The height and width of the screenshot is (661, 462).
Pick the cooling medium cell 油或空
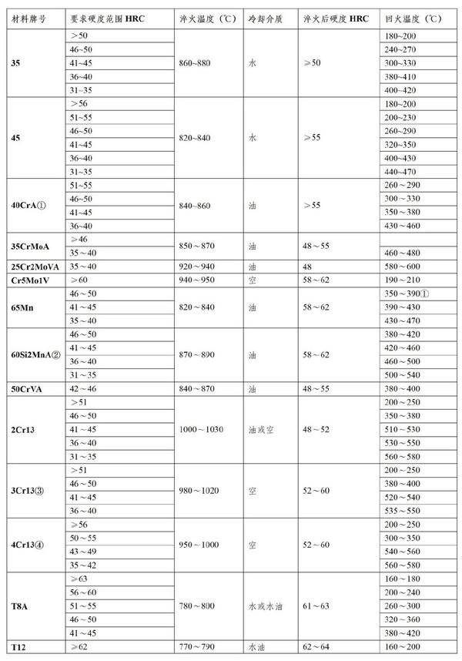(263, 428)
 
